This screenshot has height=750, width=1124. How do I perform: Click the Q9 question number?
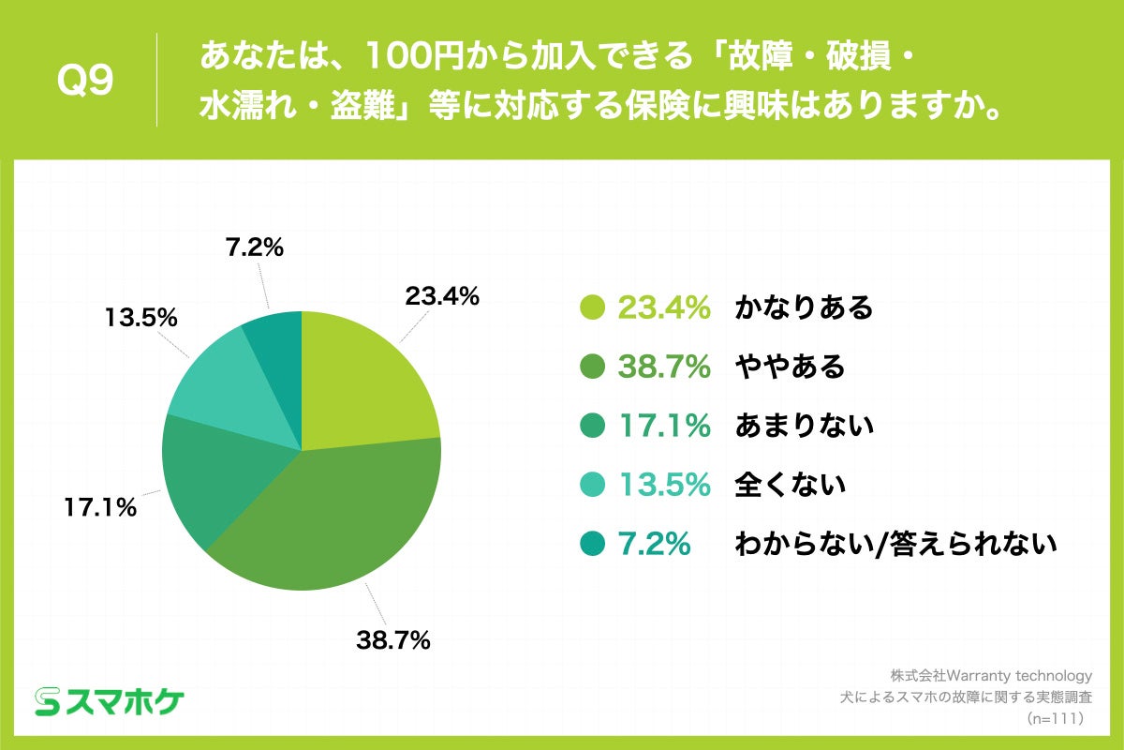[85, 82]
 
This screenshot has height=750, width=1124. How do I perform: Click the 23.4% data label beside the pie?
[442, 296]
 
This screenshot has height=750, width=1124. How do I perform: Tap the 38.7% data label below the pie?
[392, 640]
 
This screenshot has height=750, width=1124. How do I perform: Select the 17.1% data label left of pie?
[100, 509]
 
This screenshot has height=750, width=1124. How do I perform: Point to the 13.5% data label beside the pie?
[141, 317]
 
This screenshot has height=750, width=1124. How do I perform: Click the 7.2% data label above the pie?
[254, 248]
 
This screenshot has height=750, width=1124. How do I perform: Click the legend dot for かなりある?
[592, 307]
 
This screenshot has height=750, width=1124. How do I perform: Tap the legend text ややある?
[790, 367]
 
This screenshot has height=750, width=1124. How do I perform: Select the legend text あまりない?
[804, 426]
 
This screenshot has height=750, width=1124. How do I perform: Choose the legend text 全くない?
[790, 485]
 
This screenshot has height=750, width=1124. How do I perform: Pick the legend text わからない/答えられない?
[895, 544]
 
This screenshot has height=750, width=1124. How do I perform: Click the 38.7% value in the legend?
[664, 367]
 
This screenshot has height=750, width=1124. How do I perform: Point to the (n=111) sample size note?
[1055, 719]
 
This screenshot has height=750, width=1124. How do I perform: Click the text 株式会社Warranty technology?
[991, 676]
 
